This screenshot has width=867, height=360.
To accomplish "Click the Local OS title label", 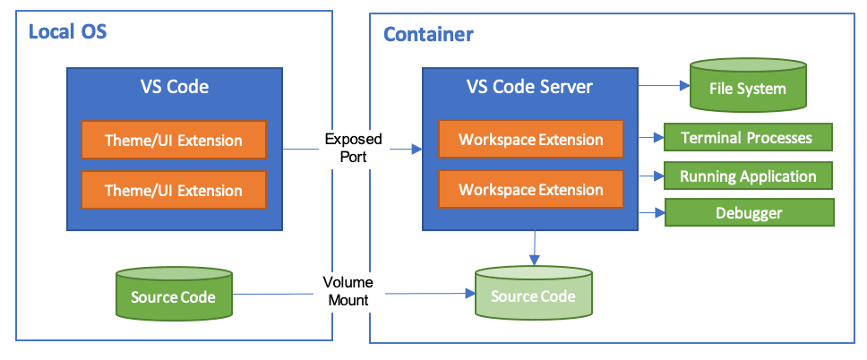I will click(68, 33).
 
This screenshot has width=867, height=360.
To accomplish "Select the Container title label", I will click(428, 35).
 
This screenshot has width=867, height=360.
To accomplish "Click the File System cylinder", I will click(747, 88).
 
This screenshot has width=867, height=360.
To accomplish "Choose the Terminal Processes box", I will click(747, 138).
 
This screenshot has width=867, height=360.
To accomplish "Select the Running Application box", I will click(747, 176).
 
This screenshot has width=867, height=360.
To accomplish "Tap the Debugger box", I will click(748, 213).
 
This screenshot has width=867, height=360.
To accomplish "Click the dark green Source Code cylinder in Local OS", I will click(174, 295).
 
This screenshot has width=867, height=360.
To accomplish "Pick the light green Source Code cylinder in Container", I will click(533, 295).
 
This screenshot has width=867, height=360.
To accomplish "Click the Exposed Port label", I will click(353, 147).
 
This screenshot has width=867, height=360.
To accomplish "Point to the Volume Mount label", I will click(347, 291).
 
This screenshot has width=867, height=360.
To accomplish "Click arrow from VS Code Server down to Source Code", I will click(535, 247).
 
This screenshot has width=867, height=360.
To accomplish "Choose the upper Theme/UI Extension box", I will click(174, 141).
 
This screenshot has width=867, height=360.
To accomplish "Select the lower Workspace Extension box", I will click(530, 190).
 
